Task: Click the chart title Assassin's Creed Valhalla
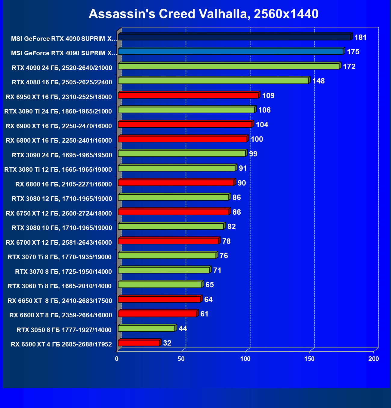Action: point(203,14)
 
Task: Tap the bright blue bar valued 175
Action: point(230,52)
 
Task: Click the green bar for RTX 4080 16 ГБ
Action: point(213,81)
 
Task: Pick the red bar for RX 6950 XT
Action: point(188,95)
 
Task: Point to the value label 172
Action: point(349,66)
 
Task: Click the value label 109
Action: point(268,95)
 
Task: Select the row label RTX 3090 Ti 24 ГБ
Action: point(58,111)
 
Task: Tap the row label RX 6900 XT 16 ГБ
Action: point(59,126)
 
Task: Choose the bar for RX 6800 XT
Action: point(182,139)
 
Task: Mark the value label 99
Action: point(253,154)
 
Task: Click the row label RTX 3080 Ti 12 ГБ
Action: point(58,170)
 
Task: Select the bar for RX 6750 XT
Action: point(173,212)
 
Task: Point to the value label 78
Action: point(226,241)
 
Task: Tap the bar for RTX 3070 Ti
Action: point(167,255)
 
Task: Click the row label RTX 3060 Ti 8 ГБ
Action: point(60,286)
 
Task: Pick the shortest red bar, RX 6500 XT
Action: point(139,343)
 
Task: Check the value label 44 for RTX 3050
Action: point(183,328)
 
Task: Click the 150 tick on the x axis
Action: point(309,359)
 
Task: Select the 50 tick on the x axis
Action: point(181,359)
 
